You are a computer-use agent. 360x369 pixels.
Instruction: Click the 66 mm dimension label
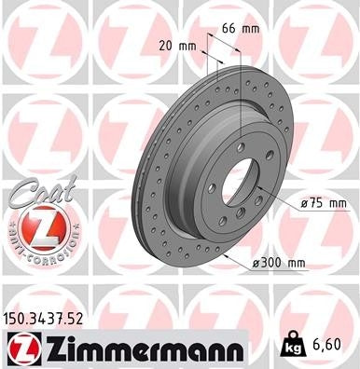click(240, 30)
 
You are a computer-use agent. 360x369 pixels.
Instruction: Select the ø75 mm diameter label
click(324, 203)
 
